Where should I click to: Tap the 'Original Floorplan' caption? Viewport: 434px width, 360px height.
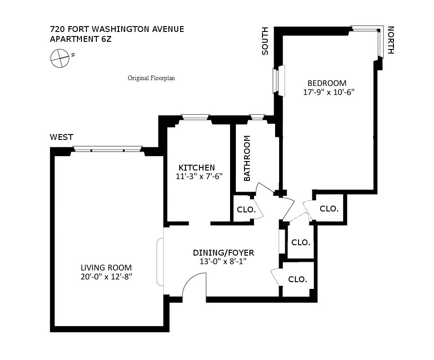click(x=151, y=78)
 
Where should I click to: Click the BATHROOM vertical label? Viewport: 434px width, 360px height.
click(x=247, y=158)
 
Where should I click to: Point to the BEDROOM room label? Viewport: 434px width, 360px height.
click(x=327, y=83)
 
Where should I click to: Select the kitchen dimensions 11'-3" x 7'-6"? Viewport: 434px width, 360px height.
click(x=199, y=177)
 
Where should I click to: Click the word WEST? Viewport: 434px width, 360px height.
click(x=62, y=137)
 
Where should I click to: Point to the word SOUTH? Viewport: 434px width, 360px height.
click(x=265, y=41)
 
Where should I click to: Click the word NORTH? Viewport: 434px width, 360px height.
click(x=390, y=40)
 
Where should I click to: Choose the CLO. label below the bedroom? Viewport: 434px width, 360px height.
click(x=329, y=208)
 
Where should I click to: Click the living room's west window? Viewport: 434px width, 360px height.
click(x=108, y=149)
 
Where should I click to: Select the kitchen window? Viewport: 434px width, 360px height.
click(x=195, y=118)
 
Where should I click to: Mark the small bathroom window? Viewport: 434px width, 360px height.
click(x=257, y=118)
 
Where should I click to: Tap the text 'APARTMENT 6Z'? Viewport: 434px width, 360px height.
click(x=81, y=39)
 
